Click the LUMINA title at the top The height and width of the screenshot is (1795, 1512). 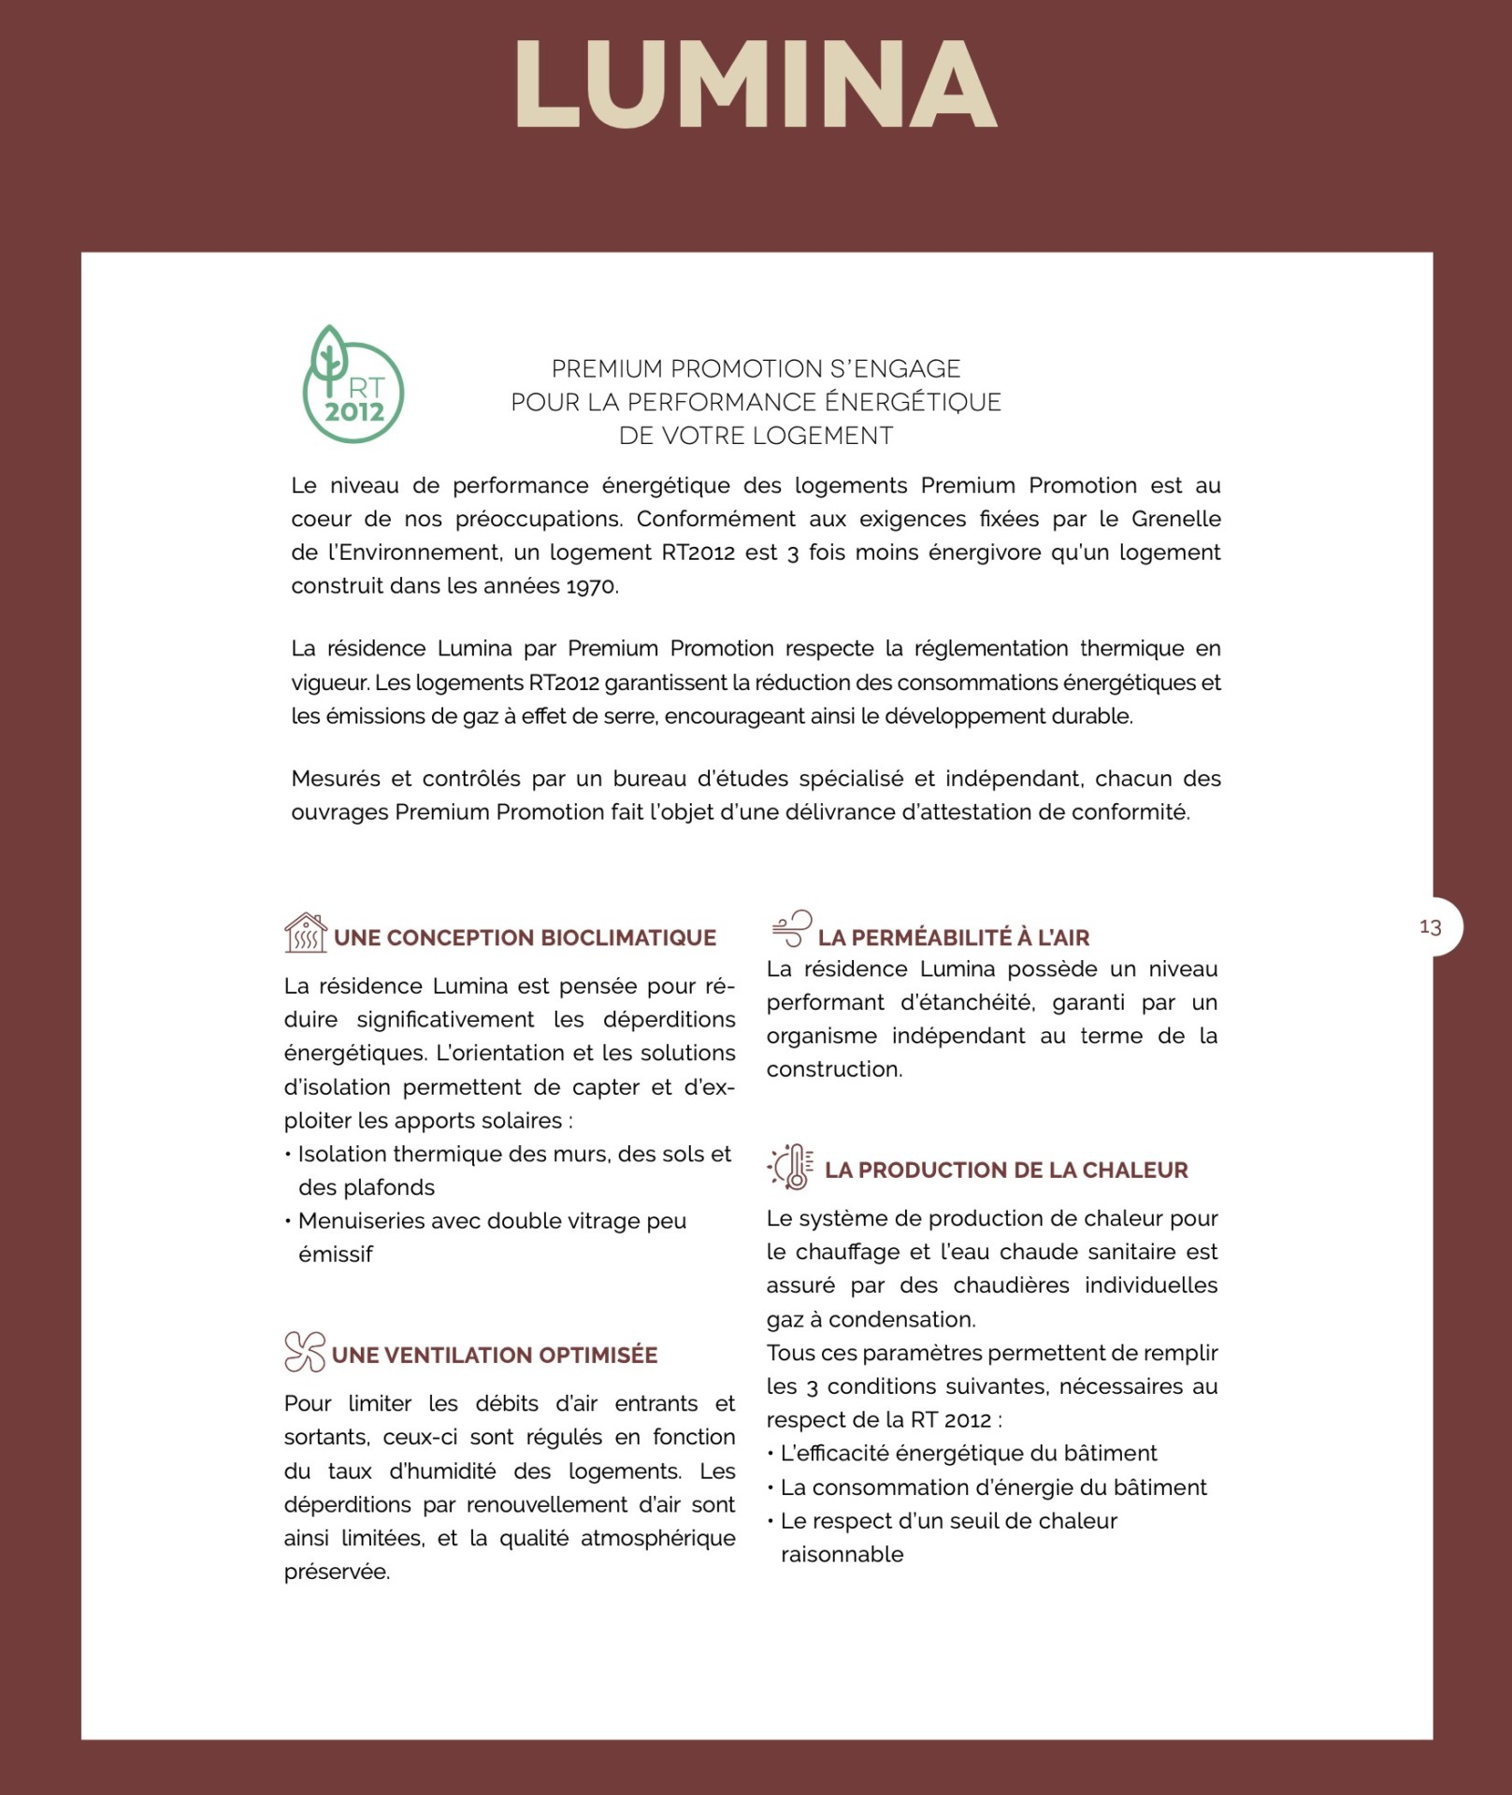[756, 84]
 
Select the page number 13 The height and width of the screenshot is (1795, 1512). [1430, 926]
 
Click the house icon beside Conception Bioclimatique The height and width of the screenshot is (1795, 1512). [305, 933]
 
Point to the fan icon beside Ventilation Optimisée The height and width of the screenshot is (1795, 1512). [304, 1352]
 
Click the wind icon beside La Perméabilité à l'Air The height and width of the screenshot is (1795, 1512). [791, 928]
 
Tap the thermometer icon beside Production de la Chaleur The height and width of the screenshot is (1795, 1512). [791, 1166]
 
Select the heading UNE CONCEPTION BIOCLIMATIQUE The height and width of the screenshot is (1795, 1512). [525, 938]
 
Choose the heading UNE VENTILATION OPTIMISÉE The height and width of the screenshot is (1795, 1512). [495, 1355]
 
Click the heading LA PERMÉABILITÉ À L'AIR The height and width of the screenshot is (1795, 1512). [954, 938]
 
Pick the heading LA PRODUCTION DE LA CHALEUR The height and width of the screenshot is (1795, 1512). [1006, 1170]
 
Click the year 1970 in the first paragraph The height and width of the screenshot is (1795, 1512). [591, 586]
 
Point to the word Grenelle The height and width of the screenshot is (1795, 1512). [1175, 519]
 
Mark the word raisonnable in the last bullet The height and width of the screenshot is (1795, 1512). [842, 1554]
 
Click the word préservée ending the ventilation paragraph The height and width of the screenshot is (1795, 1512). [337, 1572]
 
